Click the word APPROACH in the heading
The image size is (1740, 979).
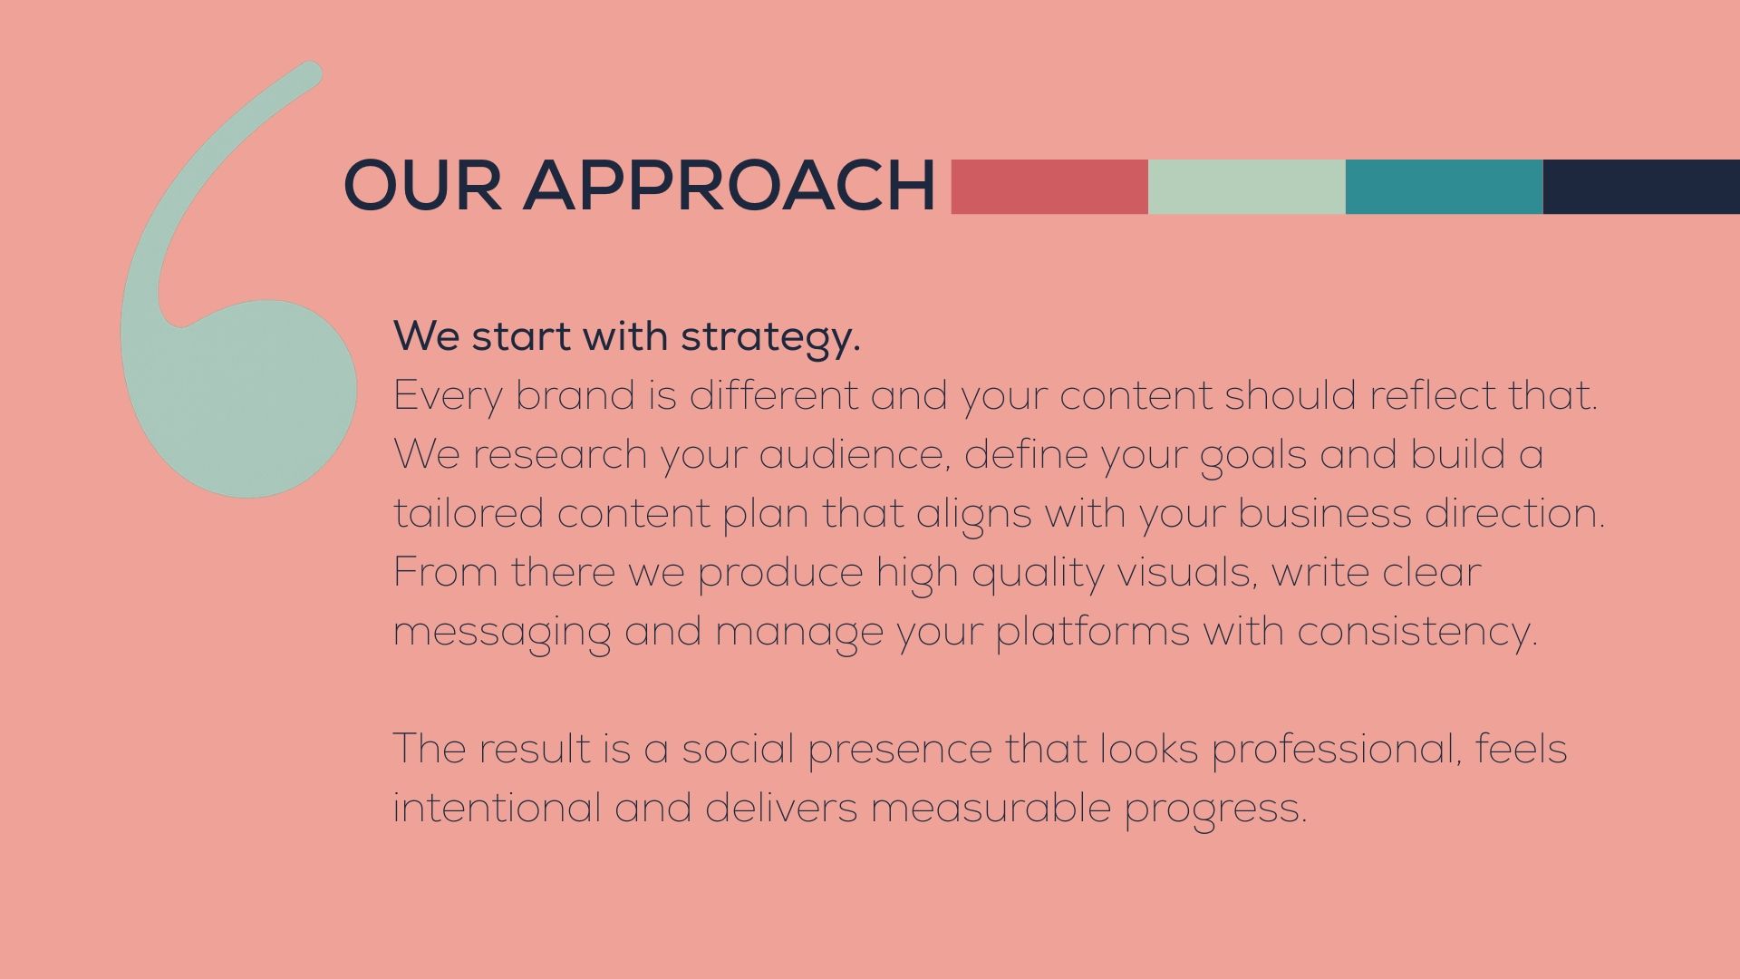tap(730, 186)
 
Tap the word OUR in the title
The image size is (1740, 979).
tap(422, 186)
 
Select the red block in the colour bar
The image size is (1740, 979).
tap(1049, 187)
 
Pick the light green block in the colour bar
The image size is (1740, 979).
tap(1247, 187)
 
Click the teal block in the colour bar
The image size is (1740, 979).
tap(1445, 187)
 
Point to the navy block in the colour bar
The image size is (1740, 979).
tap(1641, 187)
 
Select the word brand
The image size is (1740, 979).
tap(575, 395)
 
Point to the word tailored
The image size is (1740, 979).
tap(469, 513)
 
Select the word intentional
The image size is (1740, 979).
tap(497, 808)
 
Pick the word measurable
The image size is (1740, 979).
tap(991, 808)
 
